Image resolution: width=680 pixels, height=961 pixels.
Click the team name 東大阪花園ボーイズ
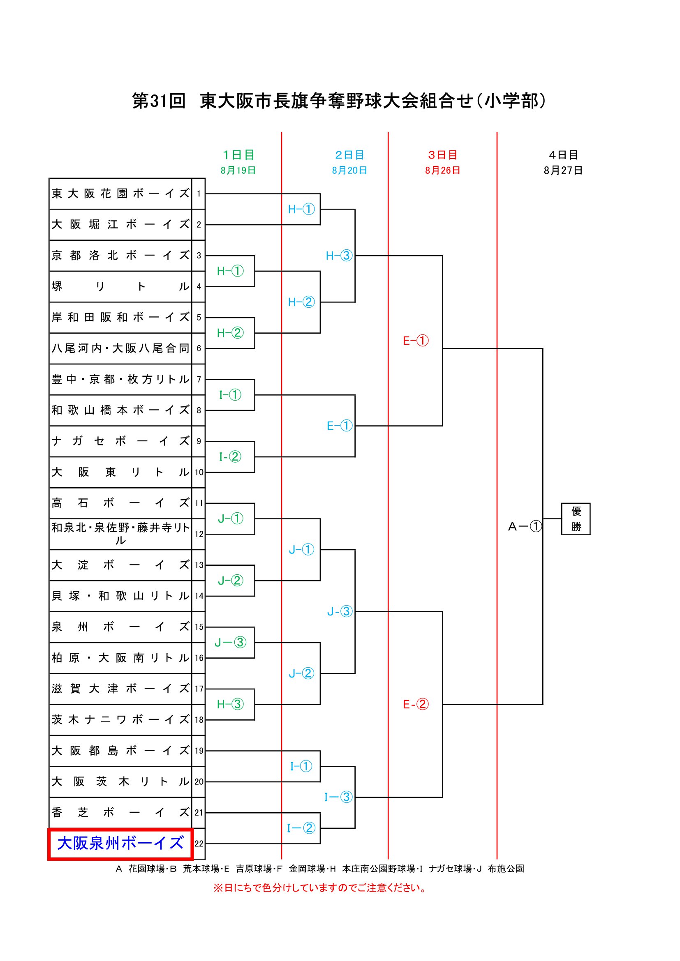click(x=120, y=194)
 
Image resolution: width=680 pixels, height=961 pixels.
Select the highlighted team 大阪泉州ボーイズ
click(x=120, y=843)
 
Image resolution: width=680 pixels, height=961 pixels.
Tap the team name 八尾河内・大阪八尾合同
click(x=120, y=348)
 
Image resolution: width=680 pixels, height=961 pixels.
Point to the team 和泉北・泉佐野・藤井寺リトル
click(x=120, y=534)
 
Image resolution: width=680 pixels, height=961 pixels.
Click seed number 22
click(x=199, y=844)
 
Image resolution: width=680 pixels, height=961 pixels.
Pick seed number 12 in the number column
click(x=199, y=534)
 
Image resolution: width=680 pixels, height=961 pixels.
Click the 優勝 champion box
click(x=576, y=519)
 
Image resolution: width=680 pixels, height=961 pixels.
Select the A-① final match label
click(x=525, y=526)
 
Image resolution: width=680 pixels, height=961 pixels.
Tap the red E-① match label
click(x=416, y=341)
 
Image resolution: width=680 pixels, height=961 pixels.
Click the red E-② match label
click(x=416, y=705)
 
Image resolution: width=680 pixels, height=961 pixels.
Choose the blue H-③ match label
click(x=339, y=255)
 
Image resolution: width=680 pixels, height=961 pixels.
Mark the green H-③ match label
click(x=230, y=705)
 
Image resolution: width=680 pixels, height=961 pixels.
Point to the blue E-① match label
click(x=340, y=426)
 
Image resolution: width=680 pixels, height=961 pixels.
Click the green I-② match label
click(x=230, y=456)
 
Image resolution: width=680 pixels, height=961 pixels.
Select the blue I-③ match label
click(x=338, y=797)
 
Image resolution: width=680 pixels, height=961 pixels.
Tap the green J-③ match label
click(x=230, y=642)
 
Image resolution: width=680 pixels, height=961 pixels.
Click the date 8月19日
click(x=238, y=171)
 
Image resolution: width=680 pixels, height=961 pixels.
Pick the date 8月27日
click(x=563, y=171)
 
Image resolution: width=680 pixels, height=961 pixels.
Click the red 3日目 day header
click(x=443, y=155)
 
